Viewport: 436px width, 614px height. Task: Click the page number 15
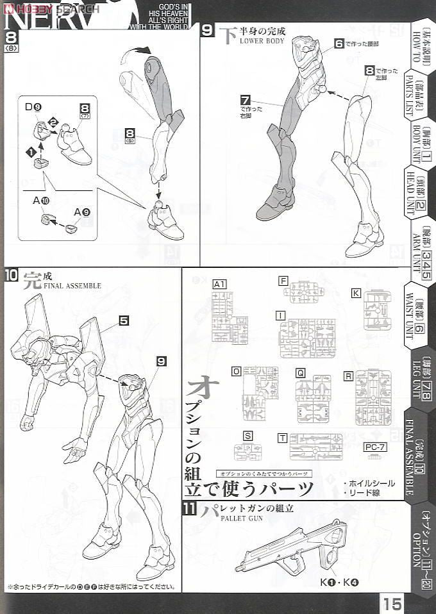(x=394, y=602)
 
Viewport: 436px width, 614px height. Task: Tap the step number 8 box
(x=11, y=38)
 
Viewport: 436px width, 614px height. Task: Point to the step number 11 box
(x=189, y=510)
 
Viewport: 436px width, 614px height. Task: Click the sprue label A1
(x=219, y=284)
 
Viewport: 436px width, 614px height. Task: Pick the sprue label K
(x=355, y=293)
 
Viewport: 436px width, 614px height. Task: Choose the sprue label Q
(x=300, y=372)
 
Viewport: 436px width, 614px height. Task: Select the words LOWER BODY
(x=262, y=40)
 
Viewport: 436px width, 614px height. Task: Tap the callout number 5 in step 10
(x=124, y=319)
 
